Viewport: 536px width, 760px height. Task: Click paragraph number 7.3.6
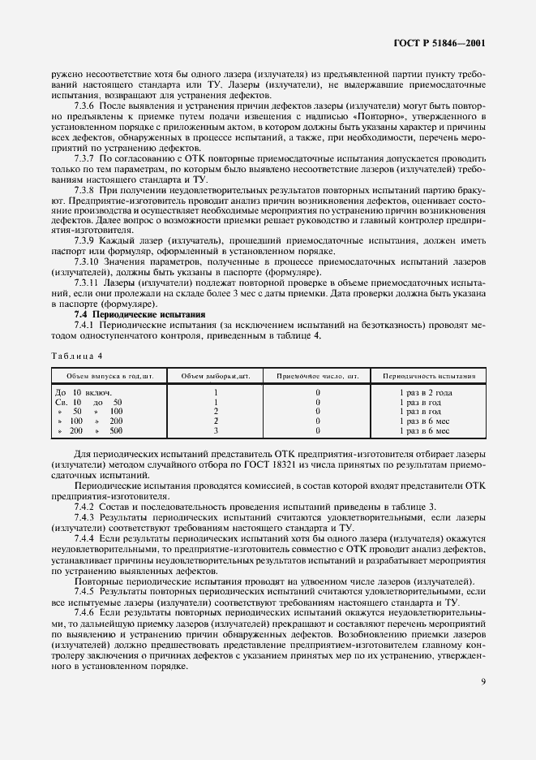(85, 106)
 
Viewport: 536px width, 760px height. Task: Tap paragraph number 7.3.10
(88, 261)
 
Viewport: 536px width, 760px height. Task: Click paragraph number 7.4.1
(85, 324)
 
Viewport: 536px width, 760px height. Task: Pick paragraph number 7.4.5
(85, 592)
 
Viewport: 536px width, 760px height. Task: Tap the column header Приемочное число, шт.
(317, 375)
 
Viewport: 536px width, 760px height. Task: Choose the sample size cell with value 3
(215, 430)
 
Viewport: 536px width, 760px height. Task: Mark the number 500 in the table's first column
(116, 430)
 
